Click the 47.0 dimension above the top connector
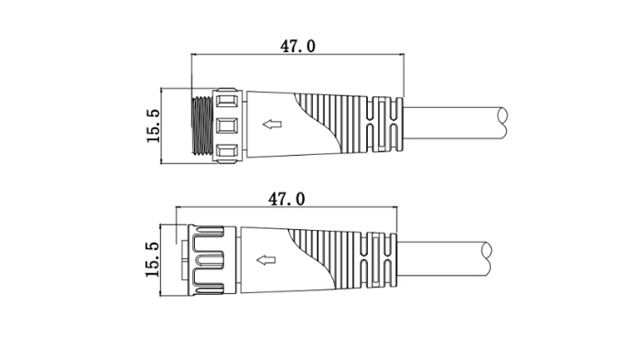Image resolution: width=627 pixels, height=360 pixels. (x=297, y=47)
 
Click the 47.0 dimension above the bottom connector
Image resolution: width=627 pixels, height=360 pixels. (x=286, y=199)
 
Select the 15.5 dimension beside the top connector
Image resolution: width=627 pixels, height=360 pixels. (x=153, y=125)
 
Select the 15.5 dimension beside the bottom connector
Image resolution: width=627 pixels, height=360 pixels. (x=152, y=259)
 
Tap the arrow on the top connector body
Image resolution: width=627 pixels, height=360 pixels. (x=272, y=125)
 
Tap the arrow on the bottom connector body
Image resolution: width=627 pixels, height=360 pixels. (x=266, y=260)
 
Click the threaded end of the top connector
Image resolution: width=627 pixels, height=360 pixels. (x=202, y=125)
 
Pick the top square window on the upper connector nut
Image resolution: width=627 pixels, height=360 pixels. (x=227, y=100)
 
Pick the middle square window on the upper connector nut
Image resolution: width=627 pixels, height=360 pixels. (x=227, y=125)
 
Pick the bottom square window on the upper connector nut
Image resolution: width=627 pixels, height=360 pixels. (x=227, y=150)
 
